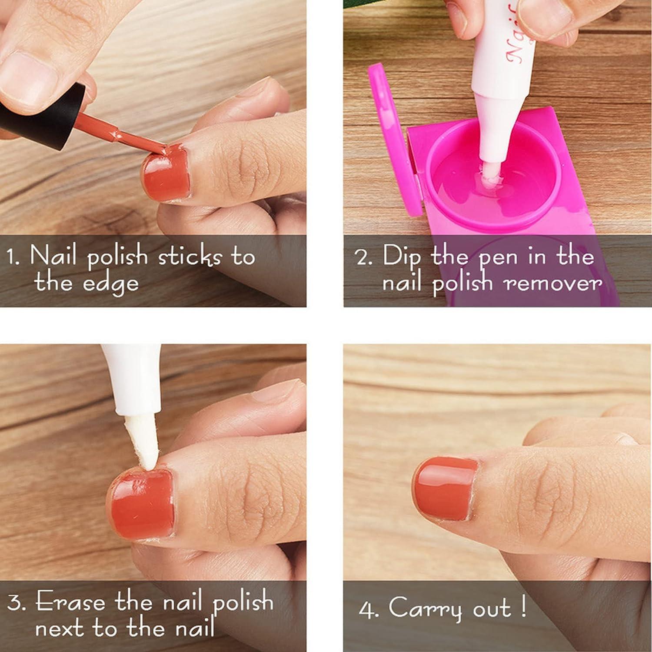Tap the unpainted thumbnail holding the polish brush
[28, 74]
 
